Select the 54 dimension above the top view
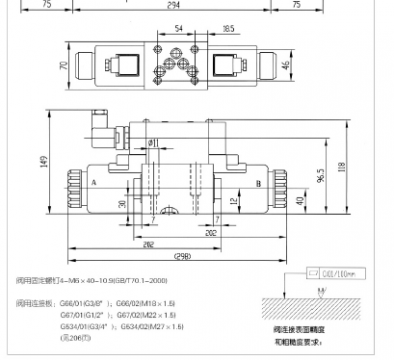pyautogui.click(x=178, y=29)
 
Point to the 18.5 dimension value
pyautogui.click(x=229, y=29)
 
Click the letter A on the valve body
pyautogui.click(x=93, y=183)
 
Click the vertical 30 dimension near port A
pyautogui.click(x=124, y=204)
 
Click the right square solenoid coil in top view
pyautogui.click(x=227, y=68)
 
